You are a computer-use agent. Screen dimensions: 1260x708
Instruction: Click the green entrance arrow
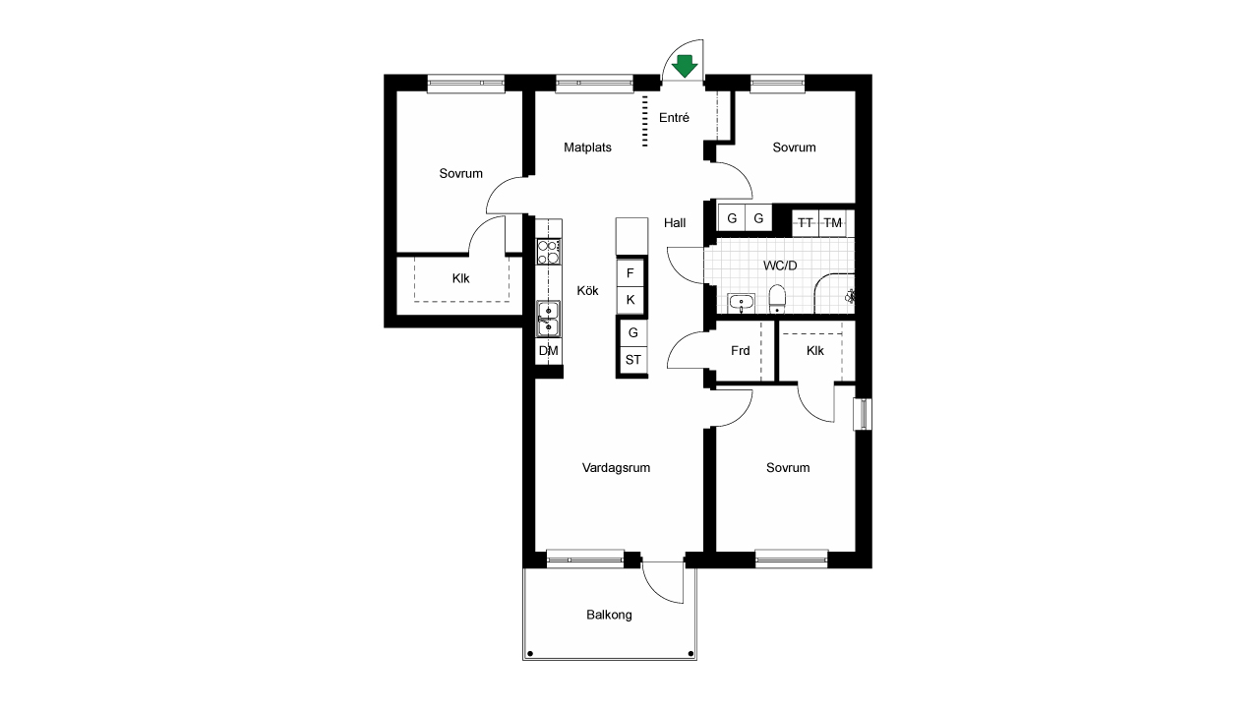click(685, 66)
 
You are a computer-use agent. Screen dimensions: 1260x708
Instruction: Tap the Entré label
click(674, 118)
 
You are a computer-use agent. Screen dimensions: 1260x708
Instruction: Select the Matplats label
click(587, 147)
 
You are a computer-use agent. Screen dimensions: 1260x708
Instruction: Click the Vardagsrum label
click(616, 468)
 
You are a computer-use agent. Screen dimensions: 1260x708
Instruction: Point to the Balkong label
click(609, 615)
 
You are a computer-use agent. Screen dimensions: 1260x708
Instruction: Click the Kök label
click(588, 291)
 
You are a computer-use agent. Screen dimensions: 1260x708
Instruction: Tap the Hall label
click(675, 222)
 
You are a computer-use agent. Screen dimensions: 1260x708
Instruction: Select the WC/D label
click(780, 265)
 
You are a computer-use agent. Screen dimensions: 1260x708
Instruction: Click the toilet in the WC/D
click(777, 299)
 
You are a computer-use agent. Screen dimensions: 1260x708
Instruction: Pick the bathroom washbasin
click(741, 303)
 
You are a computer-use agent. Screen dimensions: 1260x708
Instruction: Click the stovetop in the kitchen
click(549, 252)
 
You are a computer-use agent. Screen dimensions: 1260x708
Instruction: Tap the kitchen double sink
click(548, 319)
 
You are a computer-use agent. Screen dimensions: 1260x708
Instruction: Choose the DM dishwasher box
click(549, 351)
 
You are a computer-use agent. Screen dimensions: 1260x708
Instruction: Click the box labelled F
click(630, 273)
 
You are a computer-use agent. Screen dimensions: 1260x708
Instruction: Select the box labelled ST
click(633, 360)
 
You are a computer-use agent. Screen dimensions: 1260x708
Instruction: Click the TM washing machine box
click(833, 223)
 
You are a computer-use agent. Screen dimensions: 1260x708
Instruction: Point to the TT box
click(806, 223)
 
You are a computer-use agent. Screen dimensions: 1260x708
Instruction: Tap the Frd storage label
click(741, 351)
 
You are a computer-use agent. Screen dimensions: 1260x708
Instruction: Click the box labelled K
click(630, 300)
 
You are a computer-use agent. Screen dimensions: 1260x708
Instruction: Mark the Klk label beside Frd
click(815, 351)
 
